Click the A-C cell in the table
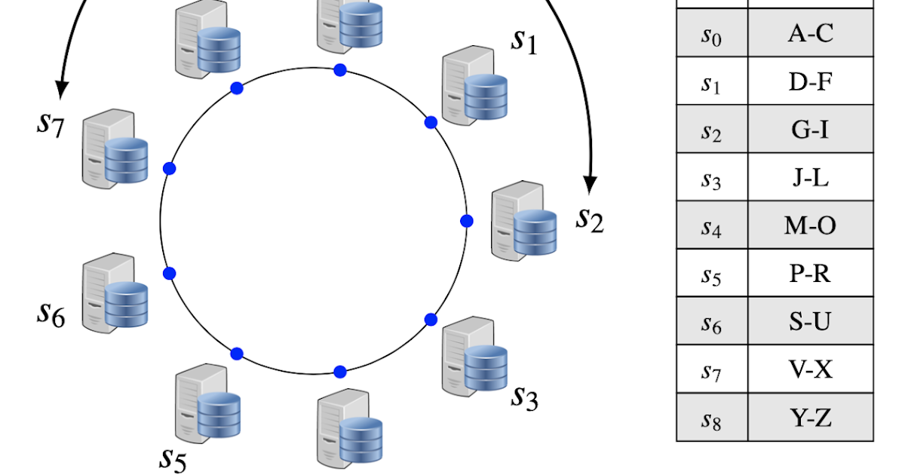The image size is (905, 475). click(811, 33)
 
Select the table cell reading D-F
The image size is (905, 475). click(811, 81)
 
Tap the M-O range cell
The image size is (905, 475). click(811, 225)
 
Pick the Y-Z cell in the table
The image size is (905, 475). click(811, 417)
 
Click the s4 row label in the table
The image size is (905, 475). click(711, 227)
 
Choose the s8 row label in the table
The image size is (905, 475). click(711, 418)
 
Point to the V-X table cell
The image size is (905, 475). click(811, 369)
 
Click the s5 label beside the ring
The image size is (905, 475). click(173, 458)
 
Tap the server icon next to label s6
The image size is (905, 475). click(115, 294)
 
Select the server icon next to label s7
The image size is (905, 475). click(115, 149)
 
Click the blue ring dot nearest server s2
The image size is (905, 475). click(467, 221)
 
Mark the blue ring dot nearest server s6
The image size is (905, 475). click(170, 273)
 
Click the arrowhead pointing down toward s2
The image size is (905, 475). click(591, 183)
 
